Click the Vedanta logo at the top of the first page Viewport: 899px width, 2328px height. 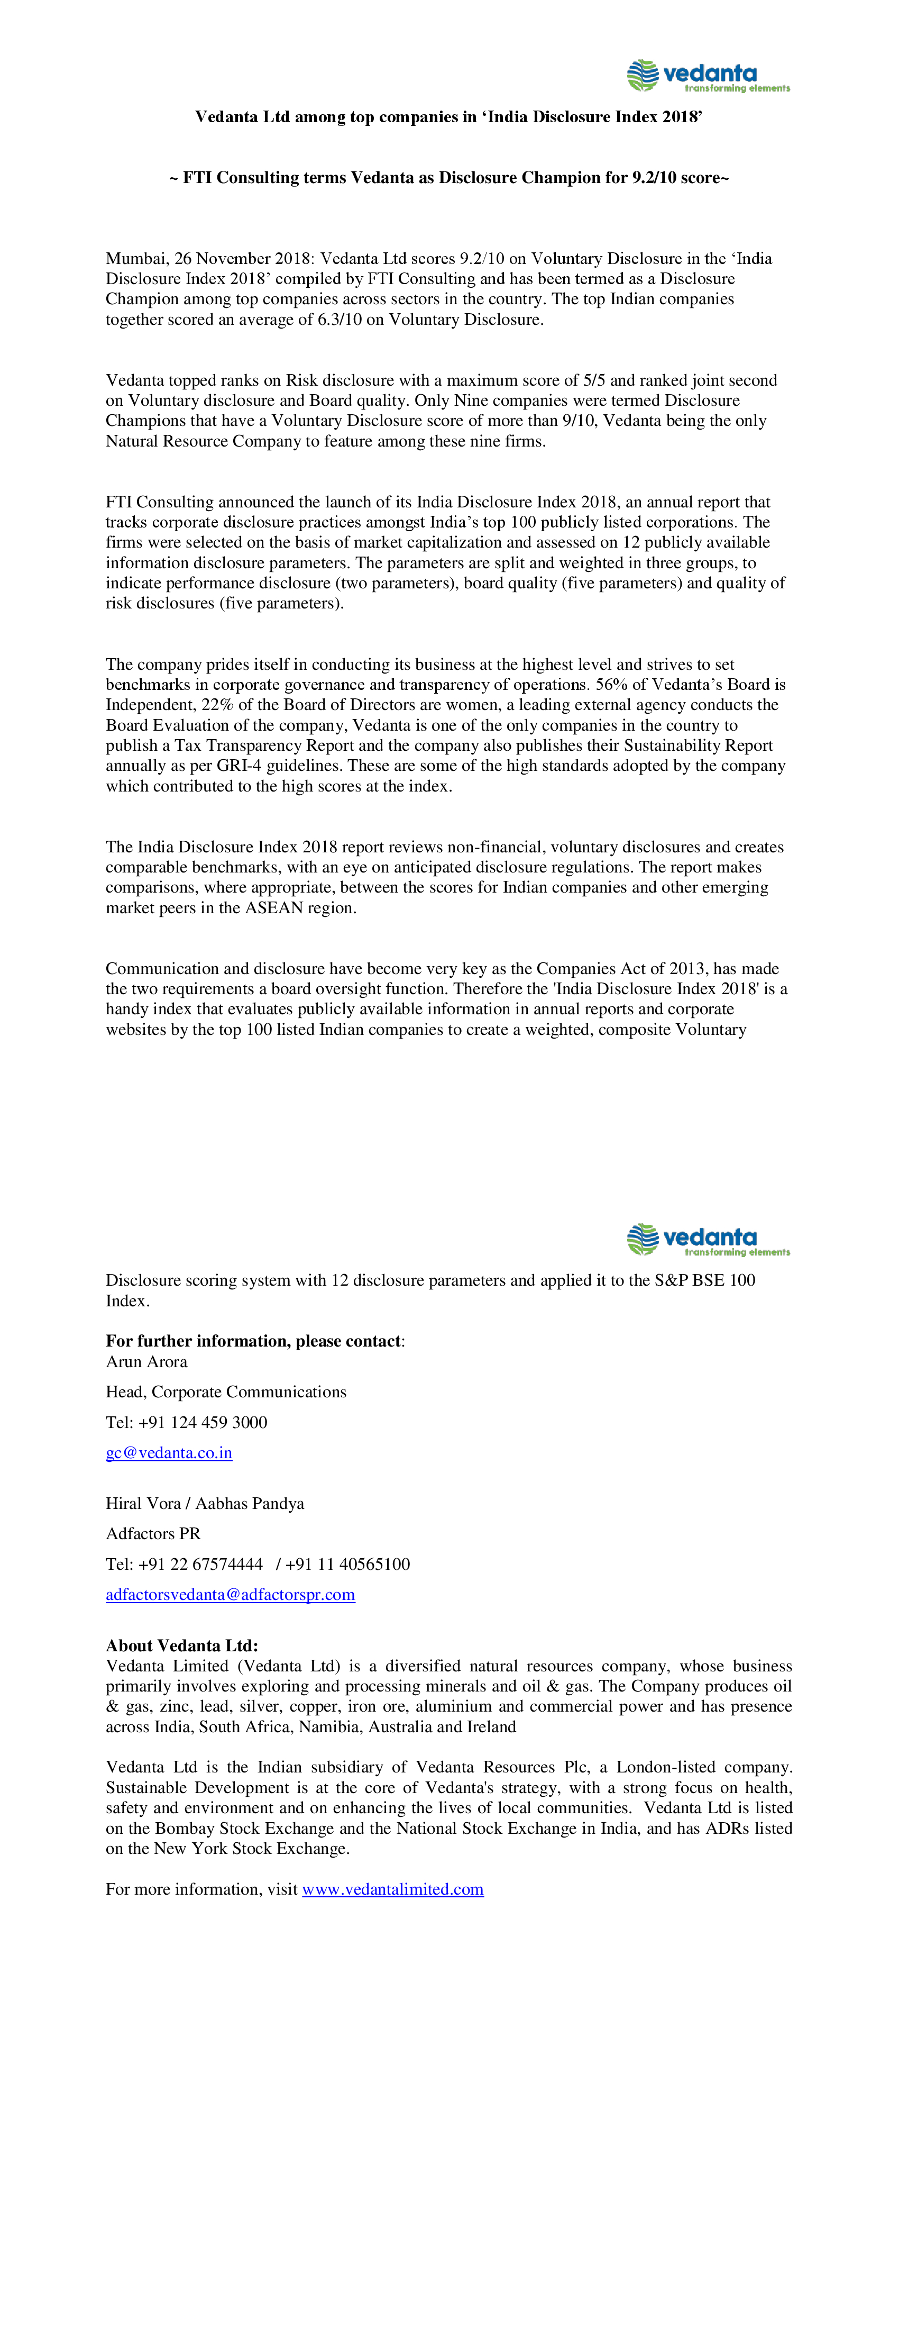point(708,76)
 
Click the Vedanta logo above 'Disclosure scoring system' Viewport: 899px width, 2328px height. point(708,1239)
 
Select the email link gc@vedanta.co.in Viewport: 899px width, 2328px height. point(169,1453)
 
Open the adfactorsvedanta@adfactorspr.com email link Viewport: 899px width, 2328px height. point(231,1595)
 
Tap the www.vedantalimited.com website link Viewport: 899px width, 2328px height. point(392,1890)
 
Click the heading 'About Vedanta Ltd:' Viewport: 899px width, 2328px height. point(181,1645)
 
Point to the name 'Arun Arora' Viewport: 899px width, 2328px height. point(146,1362)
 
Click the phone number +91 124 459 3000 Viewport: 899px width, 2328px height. point(203,1423)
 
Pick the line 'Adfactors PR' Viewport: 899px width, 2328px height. point(153,1534)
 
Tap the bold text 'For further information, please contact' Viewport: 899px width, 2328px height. point(253,1341)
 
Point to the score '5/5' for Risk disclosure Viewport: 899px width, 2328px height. point(594,380)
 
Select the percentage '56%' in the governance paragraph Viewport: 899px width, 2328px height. point(611,685)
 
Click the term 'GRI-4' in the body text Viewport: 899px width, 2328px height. point(238,766)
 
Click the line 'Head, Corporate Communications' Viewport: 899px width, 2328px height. point(226,1392)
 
